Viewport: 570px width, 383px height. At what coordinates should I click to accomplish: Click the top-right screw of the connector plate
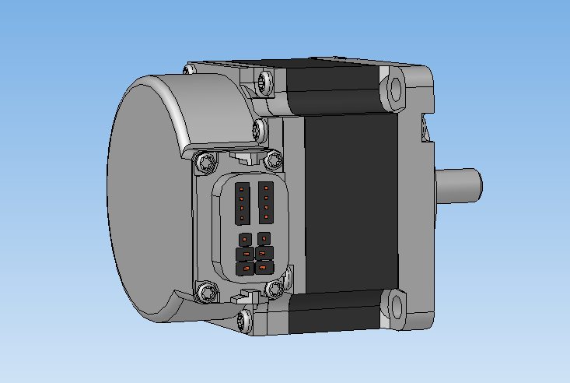click(x=272, y=160)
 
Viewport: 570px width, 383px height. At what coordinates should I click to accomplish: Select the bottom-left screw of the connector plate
click(x=206, y=292)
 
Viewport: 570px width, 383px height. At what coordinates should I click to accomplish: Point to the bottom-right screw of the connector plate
click(x=275, y=289)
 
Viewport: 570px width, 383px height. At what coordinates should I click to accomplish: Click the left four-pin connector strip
click(x=243, y=202)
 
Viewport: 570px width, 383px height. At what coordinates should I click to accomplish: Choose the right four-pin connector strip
click(x=265, y=201)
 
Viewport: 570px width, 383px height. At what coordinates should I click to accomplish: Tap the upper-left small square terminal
click(x=244, y=238)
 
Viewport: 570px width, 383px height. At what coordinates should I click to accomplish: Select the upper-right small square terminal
click(x=264, y=237)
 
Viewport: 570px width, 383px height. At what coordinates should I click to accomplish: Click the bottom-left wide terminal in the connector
click(x=245, y=269)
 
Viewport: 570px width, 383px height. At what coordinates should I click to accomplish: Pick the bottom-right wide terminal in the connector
click(x=265, y=269)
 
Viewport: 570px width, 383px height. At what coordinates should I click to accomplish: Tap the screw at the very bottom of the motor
click(x=246, y=318)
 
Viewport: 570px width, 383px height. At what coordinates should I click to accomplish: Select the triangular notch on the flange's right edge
click(x=425, y=128)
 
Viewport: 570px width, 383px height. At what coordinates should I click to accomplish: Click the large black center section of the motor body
click(x=350, y=202)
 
